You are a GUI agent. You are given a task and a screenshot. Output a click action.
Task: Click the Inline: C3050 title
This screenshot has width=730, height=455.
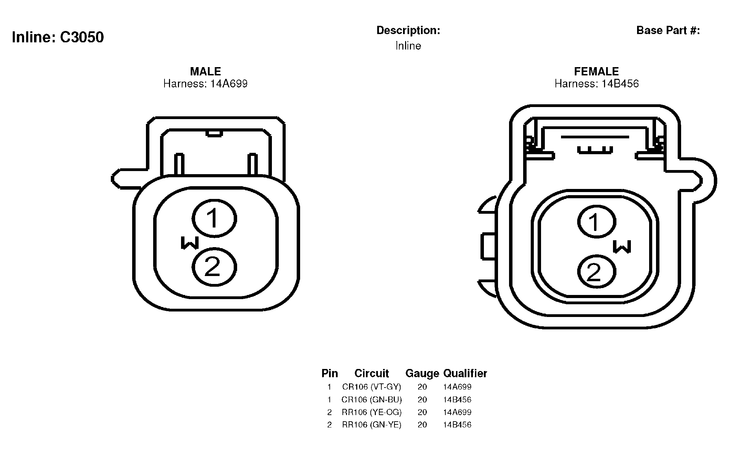tap(58, 37)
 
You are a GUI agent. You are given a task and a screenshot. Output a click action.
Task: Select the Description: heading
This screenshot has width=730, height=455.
tap(408, 30)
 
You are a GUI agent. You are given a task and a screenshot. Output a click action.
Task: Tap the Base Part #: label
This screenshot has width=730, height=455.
tap(668, 30)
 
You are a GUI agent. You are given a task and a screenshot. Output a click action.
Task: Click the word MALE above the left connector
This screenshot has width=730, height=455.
tap(205, 71)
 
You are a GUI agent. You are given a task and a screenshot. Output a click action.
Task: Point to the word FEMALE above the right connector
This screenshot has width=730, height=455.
tap(596, 71)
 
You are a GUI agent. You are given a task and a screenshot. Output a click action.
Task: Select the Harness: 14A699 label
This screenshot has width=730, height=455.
tap(205, 84)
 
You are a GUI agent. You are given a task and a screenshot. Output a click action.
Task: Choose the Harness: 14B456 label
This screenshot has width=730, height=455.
tap(596, 84)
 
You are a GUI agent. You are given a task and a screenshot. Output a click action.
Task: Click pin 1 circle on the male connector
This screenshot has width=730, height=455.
tap(214, 218)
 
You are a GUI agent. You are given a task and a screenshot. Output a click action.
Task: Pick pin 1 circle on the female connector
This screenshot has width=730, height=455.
tap(596, 222)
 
